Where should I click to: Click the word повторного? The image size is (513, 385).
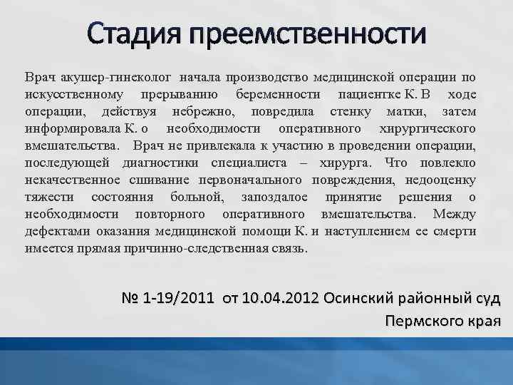[x=165, y=214]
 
